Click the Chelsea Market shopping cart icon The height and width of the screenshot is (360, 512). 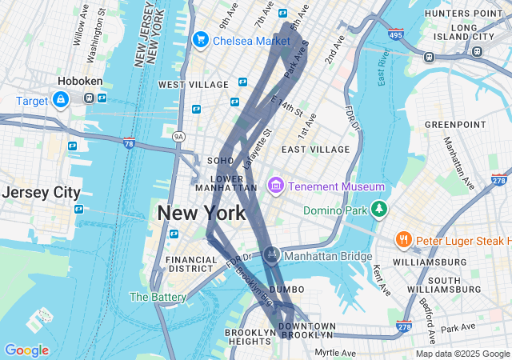tap(200, 39)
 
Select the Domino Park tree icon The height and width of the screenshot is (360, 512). tap(378, 210)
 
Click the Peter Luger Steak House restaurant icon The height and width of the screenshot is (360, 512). tap(404, 239)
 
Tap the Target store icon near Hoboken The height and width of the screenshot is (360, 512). tap(60, 99)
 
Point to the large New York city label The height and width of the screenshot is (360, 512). tap(202, 214)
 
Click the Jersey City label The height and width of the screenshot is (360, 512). tap(41, 193)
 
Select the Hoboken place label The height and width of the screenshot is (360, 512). tap(78, 81)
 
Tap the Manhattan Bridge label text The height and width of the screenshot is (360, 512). tap(327, 256)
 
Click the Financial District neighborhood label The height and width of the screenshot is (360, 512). tap(191, 265)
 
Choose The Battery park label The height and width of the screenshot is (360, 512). tap(158, 297)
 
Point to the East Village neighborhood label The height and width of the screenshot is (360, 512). tap(315, 150)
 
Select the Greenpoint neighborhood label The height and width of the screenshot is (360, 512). tap(455, 125)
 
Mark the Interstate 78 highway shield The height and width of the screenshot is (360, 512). tap(129, 143)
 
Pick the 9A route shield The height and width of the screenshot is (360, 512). tap(178, 137)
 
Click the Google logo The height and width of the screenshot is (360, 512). tap(26, 350)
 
